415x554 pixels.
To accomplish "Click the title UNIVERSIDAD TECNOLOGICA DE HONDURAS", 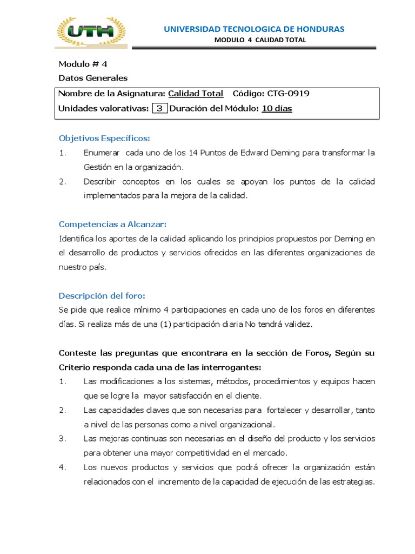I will coord(254,29).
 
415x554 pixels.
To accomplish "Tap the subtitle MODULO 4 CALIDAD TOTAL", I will coord(260,40).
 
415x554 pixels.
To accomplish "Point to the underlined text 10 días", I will coord(277,108).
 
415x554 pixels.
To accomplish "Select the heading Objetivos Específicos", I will coord(104,138).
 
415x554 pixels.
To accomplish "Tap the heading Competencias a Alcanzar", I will coord(112,224).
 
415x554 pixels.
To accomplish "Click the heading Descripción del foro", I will coord(102,295).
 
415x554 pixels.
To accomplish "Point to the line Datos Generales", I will coord(92,78).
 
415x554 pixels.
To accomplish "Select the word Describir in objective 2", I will coord(100,181).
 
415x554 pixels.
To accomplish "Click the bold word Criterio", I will coord(75,367).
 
